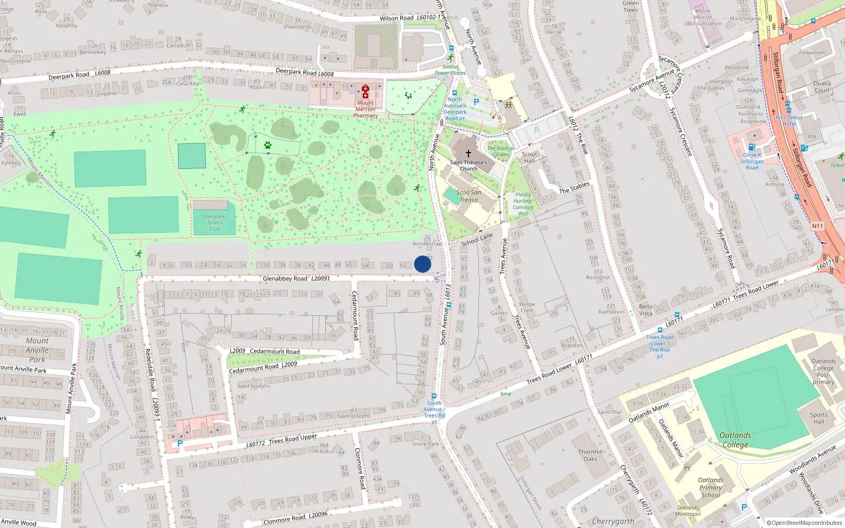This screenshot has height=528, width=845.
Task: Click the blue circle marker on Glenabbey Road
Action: click(x=422, y=264)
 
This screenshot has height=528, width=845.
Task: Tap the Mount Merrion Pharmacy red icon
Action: click(x=365, y=91)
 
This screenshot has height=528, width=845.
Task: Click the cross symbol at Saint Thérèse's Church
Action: click(x=468, y=153)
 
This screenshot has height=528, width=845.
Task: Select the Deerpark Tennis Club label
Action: click(x=214, y=223)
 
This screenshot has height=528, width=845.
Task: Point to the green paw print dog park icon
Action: click(x=268, y=145)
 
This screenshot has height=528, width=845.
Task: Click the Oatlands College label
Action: click(x=735, y=440)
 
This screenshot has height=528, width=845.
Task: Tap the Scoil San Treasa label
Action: click(x=468, y=196)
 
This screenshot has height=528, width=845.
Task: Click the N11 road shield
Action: click(x=817, y=226)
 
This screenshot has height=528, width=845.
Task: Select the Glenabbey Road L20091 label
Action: click(x=296, y=278)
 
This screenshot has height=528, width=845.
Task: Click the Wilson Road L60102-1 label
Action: click(x=410, y=18)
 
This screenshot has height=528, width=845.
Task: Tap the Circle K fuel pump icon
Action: click(x=752, y=147)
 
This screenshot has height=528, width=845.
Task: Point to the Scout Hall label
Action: click(x=529, y=157)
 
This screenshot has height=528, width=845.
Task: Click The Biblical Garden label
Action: click(x=500, y=152)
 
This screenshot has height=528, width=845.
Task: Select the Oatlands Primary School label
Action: click(x=710, y=487)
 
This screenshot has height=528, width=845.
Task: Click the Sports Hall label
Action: click(x=819, y=418)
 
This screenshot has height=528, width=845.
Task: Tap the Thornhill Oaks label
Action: click(x=590, y=455)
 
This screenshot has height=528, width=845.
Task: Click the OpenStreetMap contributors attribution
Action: click(x=804, y=523)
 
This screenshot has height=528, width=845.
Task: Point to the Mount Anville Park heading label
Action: click(x=37, y=350)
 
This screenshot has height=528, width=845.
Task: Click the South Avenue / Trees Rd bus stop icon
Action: click(x=434, y=396)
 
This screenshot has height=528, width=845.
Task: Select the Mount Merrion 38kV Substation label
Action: click(x=702, y=17)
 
